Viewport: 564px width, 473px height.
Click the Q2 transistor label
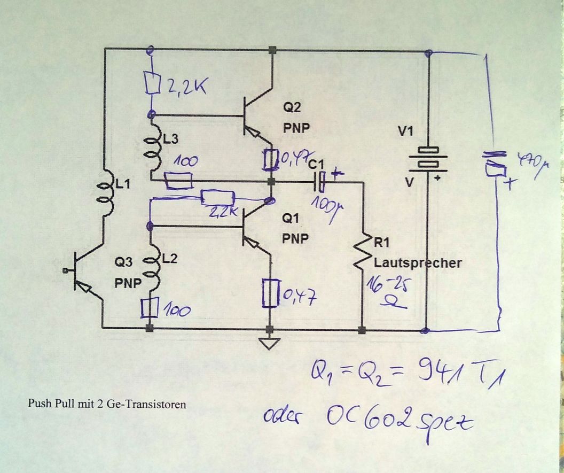(292, 107)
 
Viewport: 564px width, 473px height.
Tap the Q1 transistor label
(292, 218)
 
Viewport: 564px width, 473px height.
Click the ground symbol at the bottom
(270, 343)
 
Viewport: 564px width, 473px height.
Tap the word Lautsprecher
(417, 263)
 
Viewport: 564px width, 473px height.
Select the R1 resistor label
(383, 243)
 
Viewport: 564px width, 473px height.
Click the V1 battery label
(404, 131)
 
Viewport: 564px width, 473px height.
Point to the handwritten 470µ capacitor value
(534, 161)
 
